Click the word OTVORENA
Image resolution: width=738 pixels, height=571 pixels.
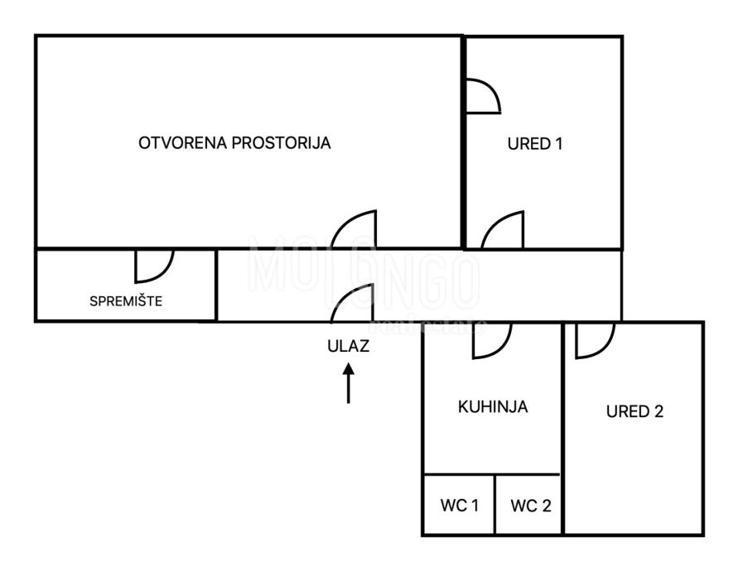point(175,143)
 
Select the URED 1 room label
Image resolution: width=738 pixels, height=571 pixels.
point(535,144)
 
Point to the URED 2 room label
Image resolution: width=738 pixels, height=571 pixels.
point(634,411)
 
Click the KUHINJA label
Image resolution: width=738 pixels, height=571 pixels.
point(493,407)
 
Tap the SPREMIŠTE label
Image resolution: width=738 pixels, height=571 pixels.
point(126,301)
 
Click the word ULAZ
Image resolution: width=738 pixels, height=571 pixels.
point(348,347)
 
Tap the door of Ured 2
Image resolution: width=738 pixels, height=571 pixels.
point(594,340)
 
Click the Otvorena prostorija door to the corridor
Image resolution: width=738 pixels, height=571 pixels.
point(355,230)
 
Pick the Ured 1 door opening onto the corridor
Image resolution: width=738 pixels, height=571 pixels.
point(504,231)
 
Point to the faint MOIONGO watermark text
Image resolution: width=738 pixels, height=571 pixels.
point(364,273)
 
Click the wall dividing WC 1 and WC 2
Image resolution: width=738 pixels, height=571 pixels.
point(494,505)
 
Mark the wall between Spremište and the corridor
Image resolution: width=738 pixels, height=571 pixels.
point(216,285)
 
